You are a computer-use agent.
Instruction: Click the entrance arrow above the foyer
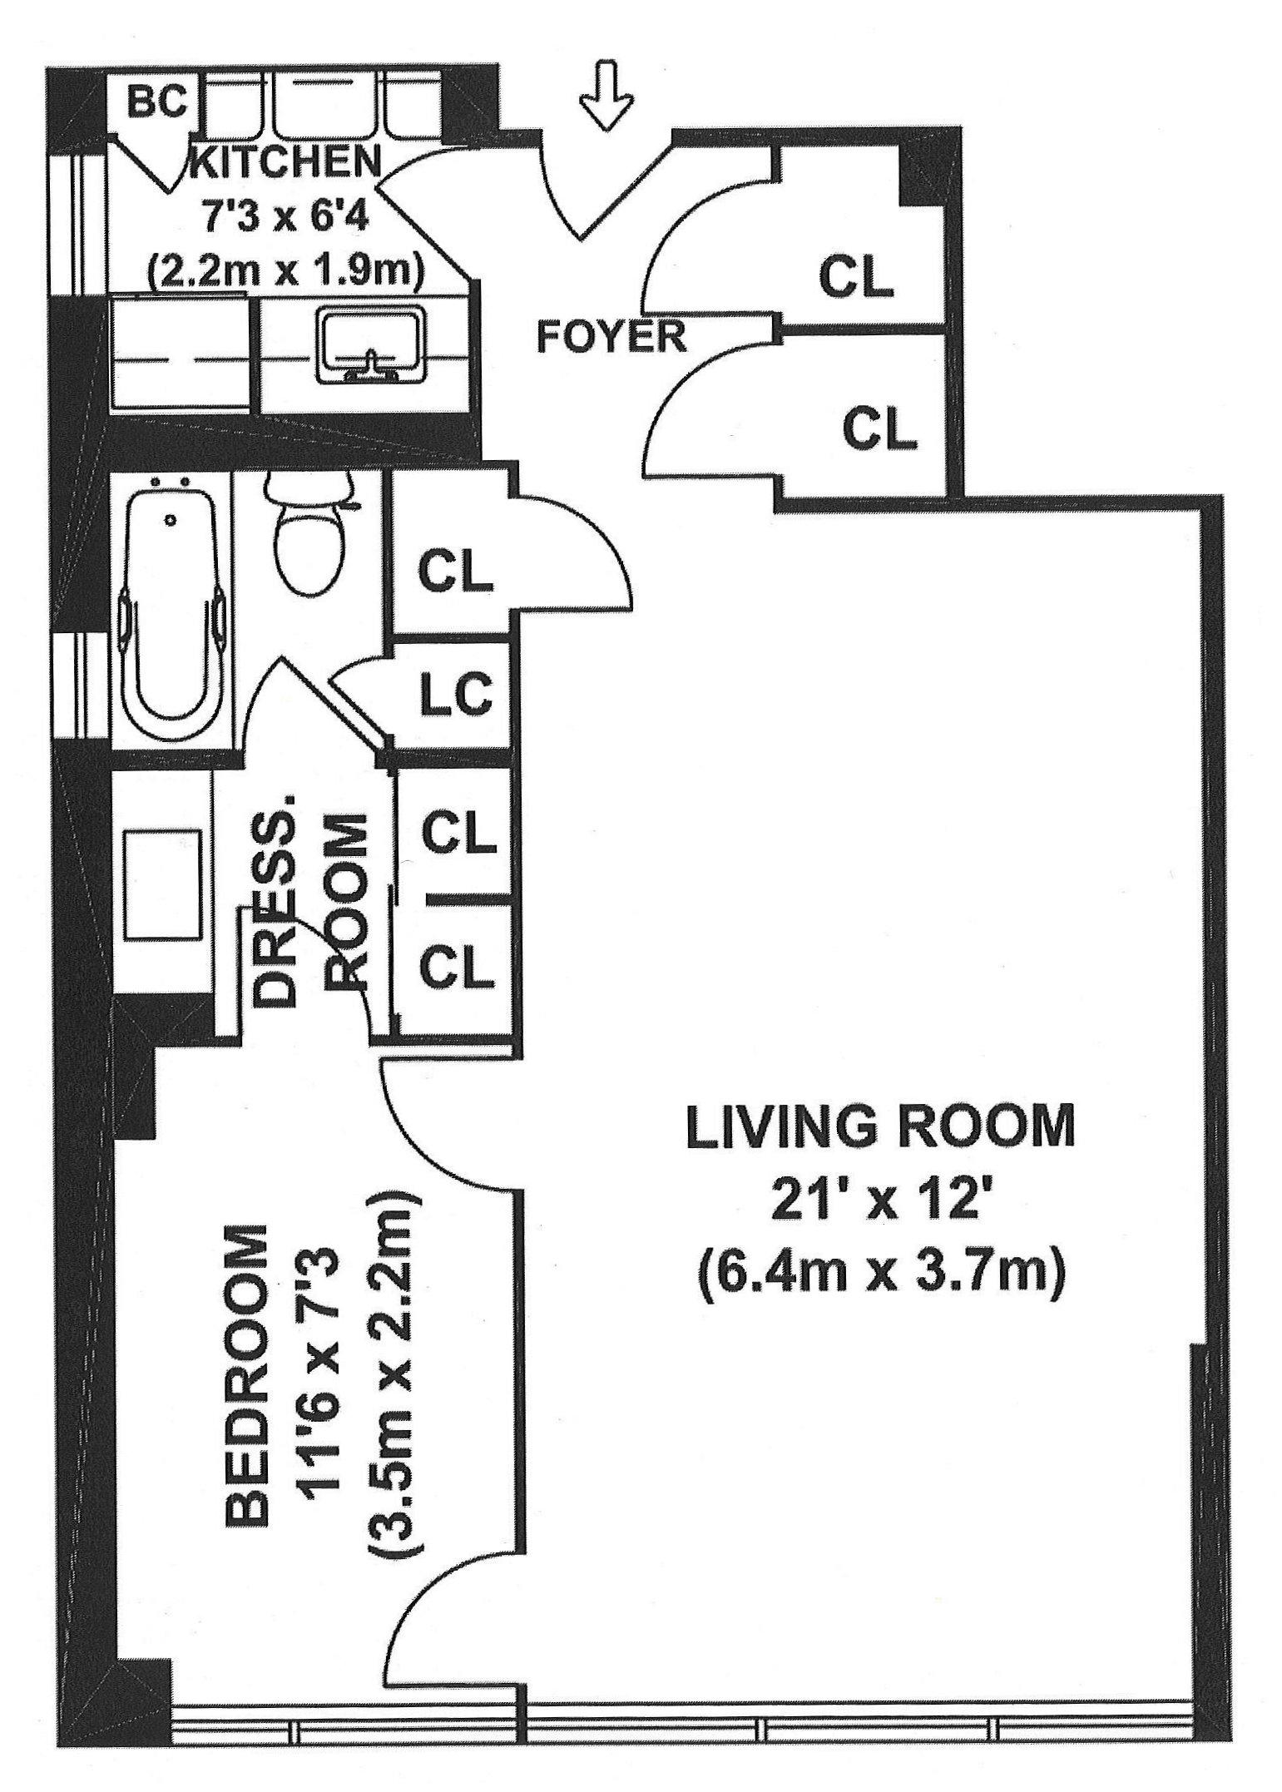tap(606, 94)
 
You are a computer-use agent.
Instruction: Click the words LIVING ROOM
tap(879, 1126)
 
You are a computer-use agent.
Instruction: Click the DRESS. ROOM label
tap(310, 908)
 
